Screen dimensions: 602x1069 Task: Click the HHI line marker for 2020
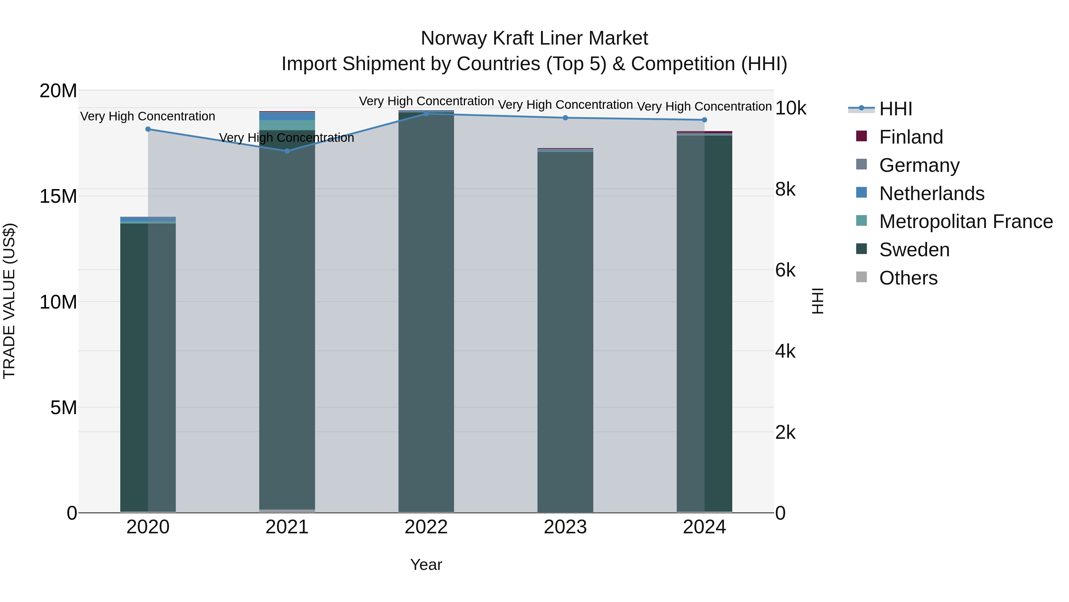148,129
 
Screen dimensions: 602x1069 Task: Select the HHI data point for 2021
287,151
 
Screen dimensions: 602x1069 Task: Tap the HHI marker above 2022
426,114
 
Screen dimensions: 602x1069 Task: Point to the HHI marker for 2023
565,117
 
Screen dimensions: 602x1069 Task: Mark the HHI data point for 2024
704,120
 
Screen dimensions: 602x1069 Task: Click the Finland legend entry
911,137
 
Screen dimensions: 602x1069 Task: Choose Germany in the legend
919,165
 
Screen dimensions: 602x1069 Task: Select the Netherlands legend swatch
861,193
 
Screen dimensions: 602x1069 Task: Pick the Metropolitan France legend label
966,221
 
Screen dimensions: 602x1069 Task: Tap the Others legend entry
908,278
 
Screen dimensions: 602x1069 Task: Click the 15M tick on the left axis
58,196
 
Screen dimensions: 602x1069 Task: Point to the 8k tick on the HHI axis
785,189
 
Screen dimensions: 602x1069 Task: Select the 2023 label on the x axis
565,527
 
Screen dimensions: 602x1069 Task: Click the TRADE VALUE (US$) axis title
10,301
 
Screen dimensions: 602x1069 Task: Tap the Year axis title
426,565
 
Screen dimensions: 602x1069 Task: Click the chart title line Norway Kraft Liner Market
534,38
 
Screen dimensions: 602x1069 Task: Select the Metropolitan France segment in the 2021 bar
287,125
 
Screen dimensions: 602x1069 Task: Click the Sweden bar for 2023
565,332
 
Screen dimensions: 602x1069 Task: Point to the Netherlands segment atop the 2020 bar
148,219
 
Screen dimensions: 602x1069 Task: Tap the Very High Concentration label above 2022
426,101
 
